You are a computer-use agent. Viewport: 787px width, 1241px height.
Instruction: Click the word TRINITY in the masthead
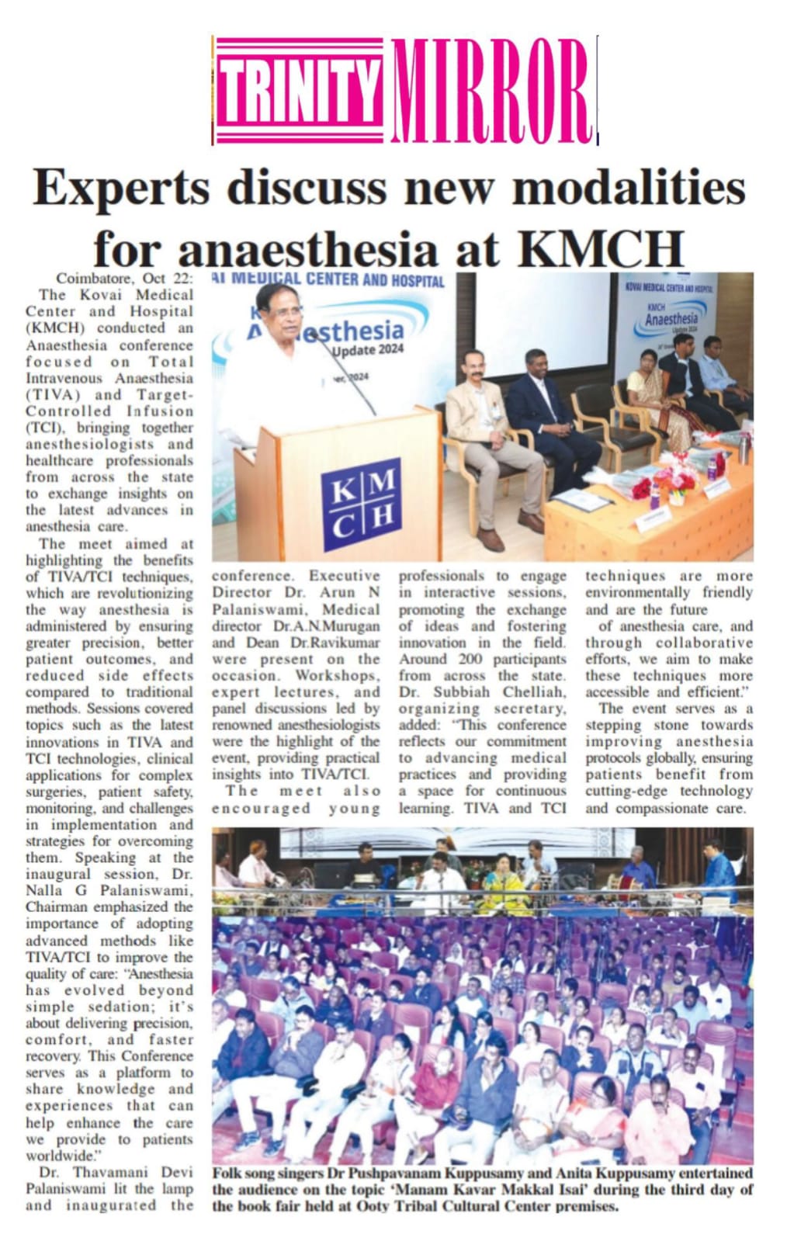(300, 92)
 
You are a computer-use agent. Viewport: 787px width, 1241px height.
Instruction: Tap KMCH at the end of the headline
(600, 249)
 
